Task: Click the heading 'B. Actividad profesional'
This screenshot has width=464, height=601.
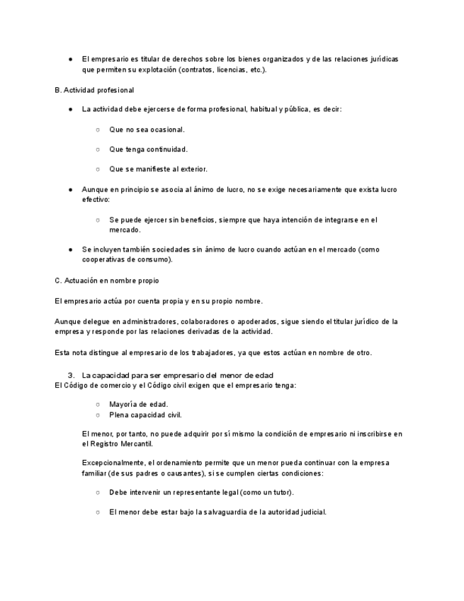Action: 94,90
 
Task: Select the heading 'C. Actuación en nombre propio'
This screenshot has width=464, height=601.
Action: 106,281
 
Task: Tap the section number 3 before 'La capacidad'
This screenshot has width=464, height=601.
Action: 71,374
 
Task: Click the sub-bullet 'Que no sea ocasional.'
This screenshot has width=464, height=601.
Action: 147,130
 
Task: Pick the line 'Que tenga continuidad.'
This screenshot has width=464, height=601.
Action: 148,150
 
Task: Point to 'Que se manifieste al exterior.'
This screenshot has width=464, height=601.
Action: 158,169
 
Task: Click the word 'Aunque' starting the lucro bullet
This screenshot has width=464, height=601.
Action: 95,190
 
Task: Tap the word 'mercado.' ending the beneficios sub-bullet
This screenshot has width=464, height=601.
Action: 125,230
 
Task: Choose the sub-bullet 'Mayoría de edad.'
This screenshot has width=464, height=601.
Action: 139,404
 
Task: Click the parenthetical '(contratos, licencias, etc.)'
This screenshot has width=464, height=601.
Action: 222,70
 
